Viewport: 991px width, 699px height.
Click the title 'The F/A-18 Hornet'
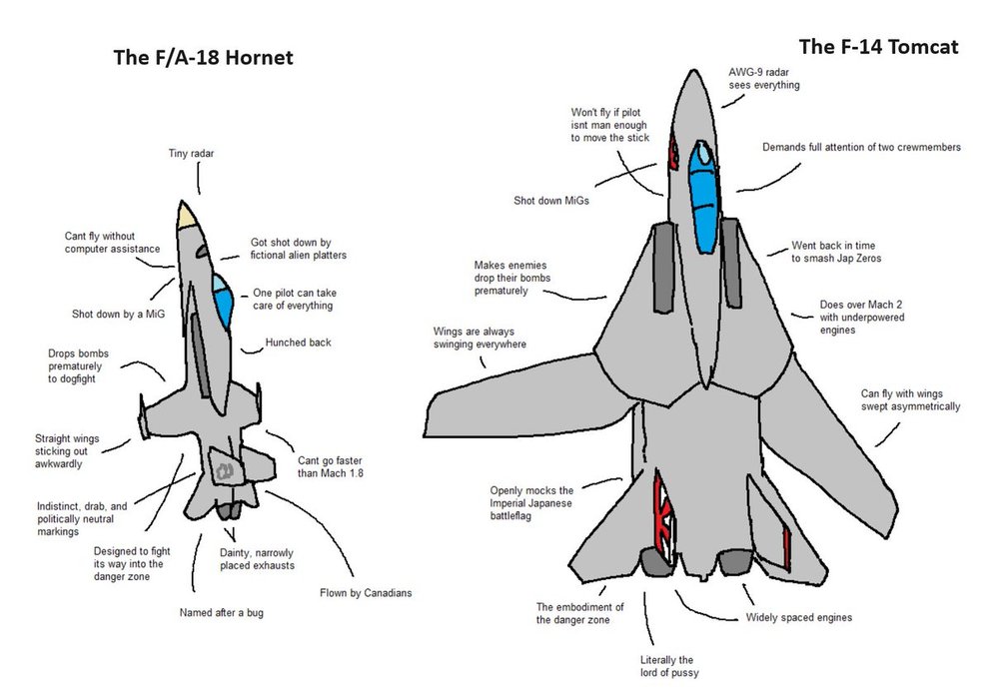[203, 58]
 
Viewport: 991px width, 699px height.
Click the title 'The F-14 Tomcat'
[878, 46]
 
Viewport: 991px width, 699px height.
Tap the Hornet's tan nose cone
[186, 216]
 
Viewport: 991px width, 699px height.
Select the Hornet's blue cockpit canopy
[223, 300]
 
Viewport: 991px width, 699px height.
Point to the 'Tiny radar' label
[191, 154]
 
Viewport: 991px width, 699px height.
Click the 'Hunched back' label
[298, 343]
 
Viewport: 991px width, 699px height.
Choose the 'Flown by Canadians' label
[366, 593]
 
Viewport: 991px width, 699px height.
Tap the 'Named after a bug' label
[221, 612]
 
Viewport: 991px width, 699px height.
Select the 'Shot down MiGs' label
[551, 201]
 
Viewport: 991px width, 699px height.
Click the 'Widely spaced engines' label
[799, 617]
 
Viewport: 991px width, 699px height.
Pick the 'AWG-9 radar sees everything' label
[763, 79]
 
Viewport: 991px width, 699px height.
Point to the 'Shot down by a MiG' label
[118, 314]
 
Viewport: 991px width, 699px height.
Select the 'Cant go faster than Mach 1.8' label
[330, 466]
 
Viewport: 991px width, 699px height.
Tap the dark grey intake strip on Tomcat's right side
[734, 264]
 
